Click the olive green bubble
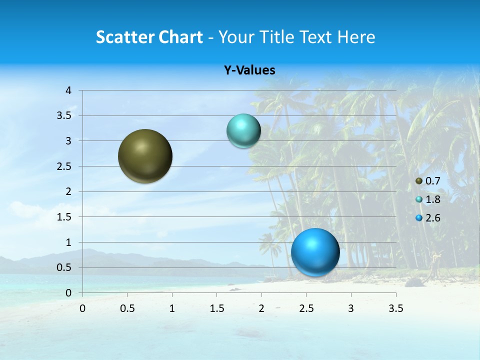point(145,156)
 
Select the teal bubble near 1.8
point(243,131)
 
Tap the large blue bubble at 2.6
point(315,252)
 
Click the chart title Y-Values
point(249,70)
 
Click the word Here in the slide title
point(356,37)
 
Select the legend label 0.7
point(432,181)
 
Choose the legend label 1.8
point(432,199)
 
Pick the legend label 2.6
point(432,218)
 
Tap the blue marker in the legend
point(419,218)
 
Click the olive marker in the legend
point(419,181)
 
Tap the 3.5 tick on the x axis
point(395,308)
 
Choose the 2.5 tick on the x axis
point(306,308)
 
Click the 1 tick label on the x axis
point(172,308)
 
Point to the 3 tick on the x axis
point(351,308)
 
